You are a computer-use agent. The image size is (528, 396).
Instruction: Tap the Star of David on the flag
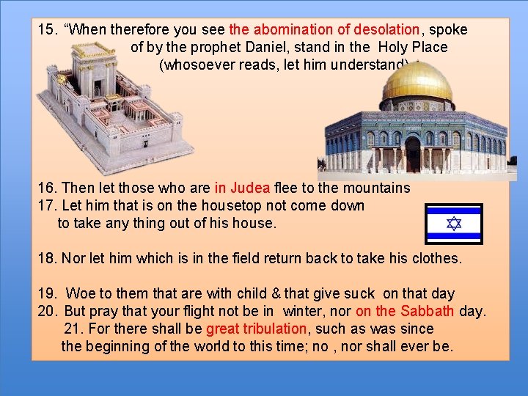pyautogui.click(x=454, y=224)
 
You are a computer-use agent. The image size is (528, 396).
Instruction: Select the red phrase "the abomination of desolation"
pyautogui.click(x=324, y=30)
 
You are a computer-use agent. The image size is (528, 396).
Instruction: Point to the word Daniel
pyautogui.click(x=281, y=47)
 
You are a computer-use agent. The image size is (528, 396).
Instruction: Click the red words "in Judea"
pyautogui.click(x=243, y=188)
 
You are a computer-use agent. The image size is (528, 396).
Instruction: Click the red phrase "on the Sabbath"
pyautogui.click(x=406, y=311)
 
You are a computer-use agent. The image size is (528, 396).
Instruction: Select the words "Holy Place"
pyautogui.click(x=413, y=47)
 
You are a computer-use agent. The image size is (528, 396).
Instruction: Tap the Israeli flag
pyautogui.click(x=454, y=224)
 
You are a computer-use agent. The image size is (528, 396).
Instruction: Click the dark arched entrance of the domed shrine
pyautogui.click(x=413, y=154)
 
